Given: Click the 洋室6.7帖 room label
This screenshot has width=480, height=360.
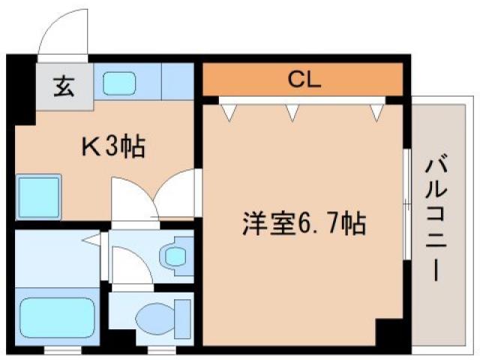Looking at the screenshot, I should point(303,223).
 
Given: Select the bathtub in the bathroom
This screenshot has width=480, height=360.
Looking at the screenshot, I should point(55,315).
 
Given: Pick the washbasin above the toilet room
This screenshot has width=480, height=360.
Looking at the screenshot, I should point(176,256).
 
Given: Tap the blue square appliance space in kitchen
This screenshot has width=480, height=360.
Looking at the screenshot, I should point(38,196).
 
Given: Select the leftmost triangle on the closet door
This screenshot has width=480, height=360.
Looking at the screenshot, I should point(227,112).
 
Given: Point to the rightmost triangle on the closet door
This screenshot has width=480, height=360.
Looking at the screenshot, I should point(376,112).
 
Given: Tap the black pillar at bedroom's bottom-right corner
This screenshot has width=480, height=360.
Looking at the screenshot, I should point(389,331).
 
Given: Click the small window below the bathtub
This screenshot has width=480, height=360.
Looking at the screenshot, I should point(55,349).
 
